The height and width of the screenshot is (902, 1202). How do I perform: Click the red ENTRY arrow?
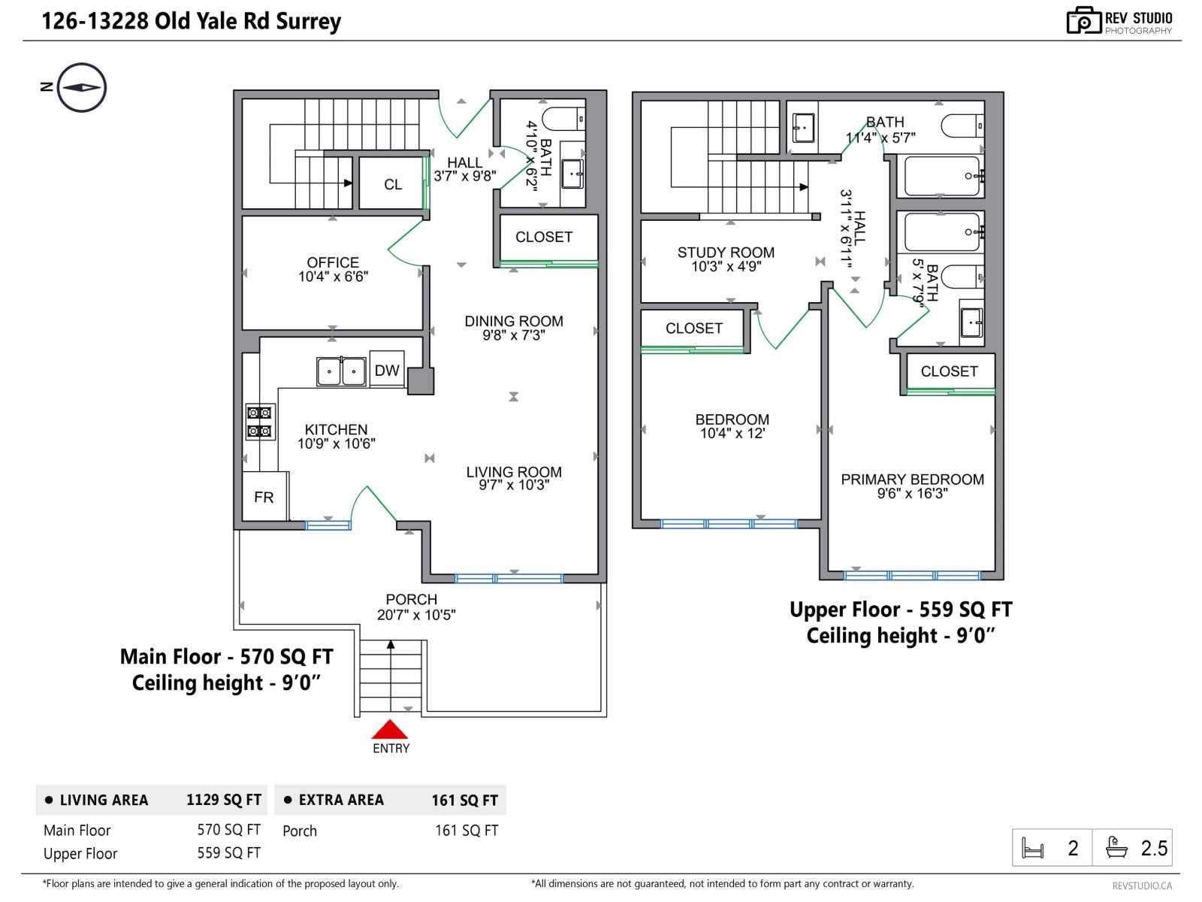coord(389,729)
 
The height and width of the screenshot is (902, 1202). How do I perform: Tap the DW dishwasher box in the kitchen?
coord(387,370)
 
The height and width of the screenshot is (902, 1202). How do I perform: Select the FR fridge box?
coord(264,496)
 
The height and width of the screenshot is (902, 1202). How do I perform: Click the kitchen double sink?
coord(341,371)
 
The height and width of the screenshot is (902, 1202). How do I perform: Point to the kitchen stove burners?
coord(260,422)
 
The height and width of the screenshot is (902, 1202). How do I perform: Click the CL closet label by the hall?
coord(393,185)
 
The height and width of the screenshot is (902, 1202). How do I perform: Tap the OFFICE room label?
coord(333,262)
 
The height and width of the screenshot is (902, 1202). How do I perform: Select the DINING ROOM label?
coord(514,321)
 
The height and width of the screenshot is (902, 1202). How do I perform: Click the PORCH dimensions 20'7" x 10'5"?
coord(416,615)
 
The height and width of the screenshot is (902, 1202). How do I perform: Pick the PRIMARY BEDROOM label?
coord(912,480)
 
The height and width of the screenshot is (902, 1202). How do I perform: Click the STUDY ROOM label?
coord(726,253)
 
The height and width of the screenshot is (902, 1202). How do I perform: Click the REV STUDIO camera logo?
coord(1084,20)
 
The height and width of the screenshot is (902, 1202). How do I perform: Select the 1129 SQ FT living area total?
coord(223,800)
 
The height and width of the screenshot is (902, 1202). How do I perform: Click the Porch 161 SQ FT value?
coord(467,831)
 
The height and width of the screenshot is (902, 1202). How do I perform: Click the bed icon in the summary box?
coord(1033,849)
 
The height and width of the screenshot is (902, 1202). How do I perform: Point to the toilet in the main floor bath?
coord(563,119)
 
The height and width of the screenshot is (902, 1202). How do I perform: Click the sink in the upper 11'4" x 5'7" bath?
coord(803,128)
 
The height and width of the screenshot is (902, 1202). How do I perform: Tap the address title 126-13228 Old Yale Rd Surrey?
coord(191,21)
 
